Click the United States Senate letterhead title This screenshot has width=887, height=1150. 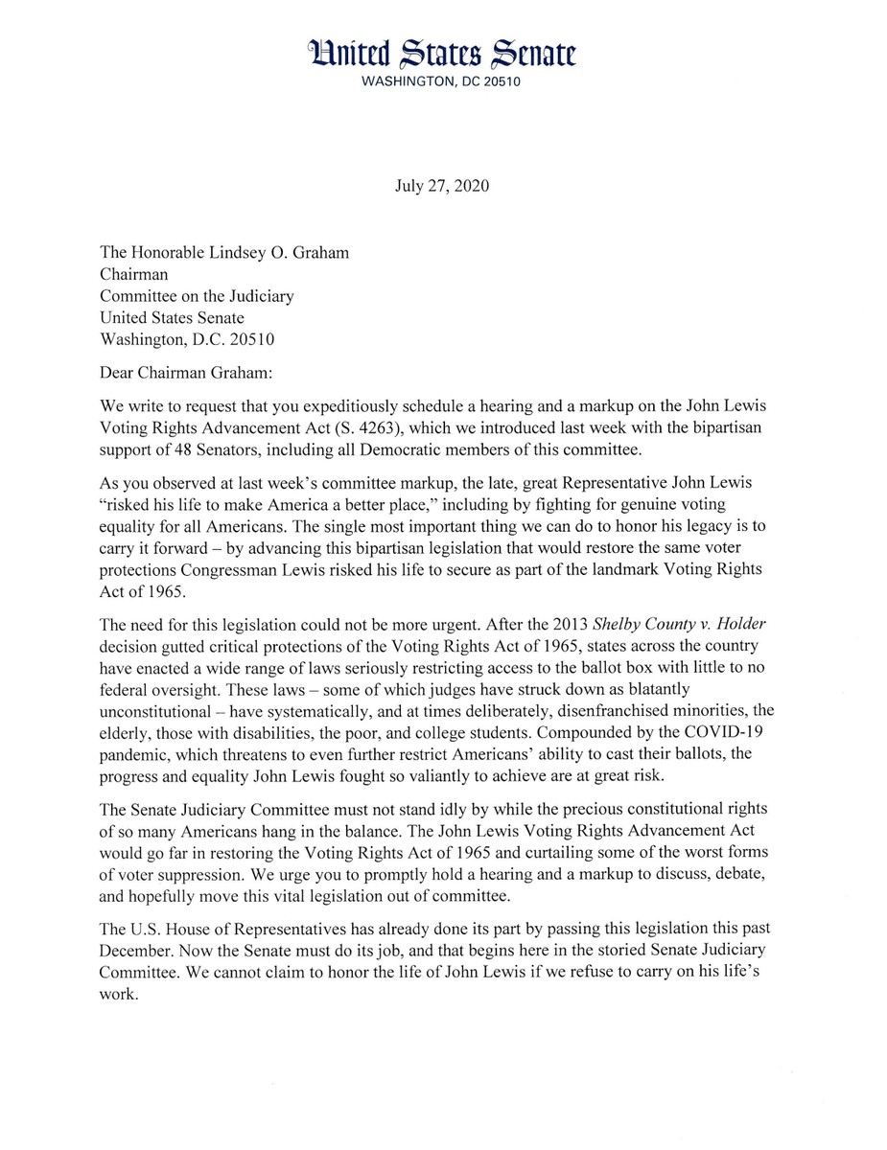point(443,55)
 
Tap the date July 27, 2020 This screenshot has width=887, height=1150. point(442,186)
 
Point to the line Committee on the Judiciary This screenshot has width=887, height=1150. point(197,296)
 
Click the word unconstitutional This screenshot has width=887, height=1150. point(154,711)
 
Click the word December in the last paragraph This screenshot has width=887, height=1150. point(135,951)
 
